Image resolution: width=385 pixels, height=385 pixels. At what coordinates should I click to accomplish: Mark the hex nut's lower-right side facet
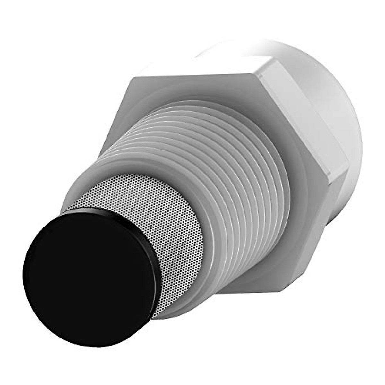tap(318, 231)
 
